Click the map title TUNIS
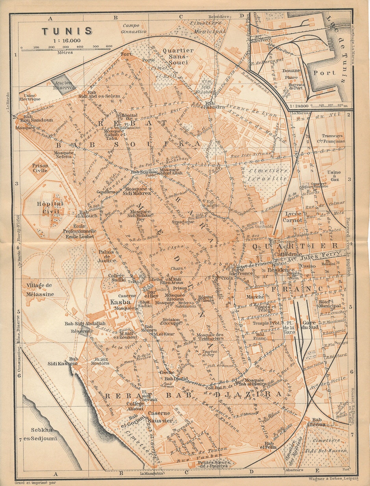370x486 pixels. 67,31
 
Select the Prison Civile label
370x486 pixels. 40,167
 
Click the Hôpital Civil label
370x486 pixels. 50,208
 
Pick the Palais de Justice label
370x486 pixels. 107,256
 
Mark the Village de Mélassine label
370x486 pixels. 40,289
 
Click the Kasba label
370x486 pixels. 120,302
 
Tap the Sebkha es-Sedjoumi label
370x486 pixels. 44,434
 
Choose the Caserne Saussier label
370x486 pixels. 160,417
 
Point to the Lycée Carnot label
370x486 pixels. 294,217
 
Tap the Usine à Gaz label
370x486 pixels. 334,175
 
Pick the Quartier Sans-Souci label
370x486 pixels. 178,56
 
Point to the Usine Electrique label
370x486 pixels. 29,97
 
